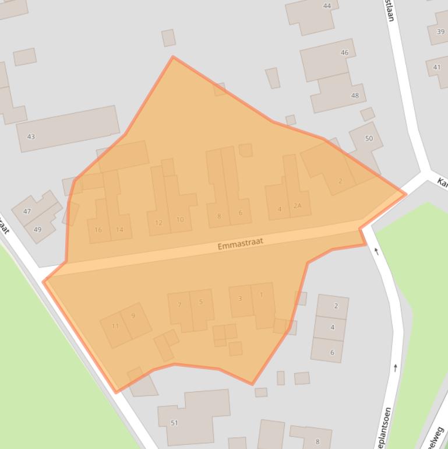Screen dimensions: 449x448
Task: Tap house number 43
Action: point(31,136)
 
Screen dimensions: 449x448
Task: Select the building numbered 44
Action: point(327,6)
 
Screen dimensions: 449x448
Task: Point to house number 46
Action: point(344,52)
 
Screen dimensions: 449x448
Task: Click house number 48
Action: point(355,95)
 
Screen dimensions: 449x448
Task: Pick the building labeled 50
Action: point(369,138)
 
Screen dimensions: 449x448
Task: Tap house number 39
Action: point(440,31)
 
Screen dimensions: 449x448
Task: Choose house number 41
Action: point(437,67)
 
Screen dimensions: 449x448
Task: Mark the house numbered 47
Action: point(27,211)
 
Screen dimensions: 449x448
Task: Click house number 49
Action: point(37,229)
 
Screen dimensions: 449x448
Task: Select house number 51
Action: point(174,423)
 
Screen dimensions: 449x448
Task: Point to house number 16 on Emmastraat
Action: point(98,230)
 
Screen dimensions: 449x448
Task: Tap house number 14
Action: point(119,230)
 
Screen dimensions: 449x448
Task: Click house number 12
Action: point(158,223)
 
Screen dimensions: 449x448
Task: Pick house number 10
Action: point(180,220)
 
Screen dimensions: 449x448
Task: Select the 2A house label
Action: point(298,206)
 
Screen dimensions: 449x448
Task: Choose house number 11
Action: point(115,326)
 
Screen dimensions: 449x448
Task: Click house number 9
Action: point(133,316)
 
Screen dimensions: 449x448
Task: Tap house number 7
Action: point(179,305)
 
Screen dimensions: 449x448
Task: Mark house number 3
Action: point(240,299)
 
